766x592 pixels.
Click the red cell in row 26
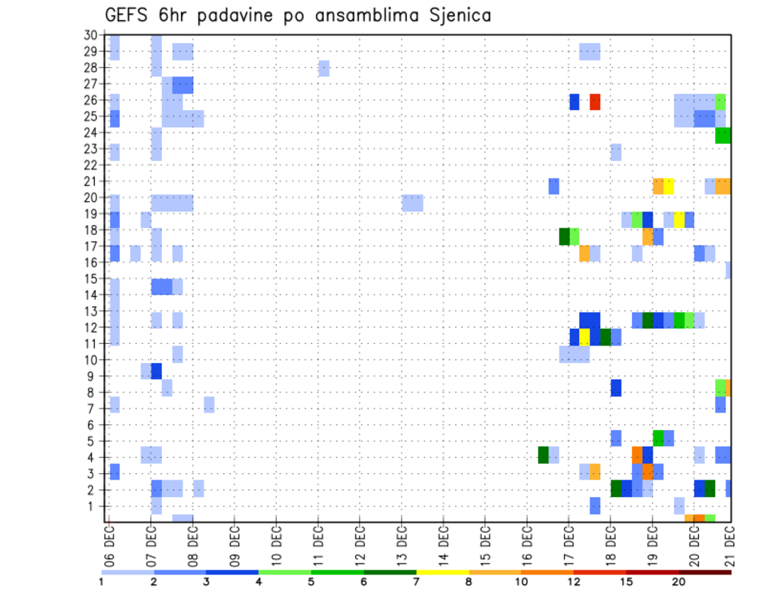click(x=594, y=102)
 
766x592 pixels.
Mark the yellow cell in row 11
click(x=585, y=336)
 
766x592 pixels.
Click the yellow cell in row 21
click(x=669, y=186)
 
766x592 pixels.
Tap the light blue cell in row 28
click(x=323, y=69)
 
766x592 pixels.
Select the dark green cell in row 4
click(x=543, y=454)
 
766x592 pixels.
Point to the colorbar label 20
click(x=679, y=582)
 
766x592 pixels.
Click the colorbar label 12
click(x=573, y=582)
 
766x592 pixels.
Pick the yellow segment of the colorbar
click(x=442, y=572)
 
